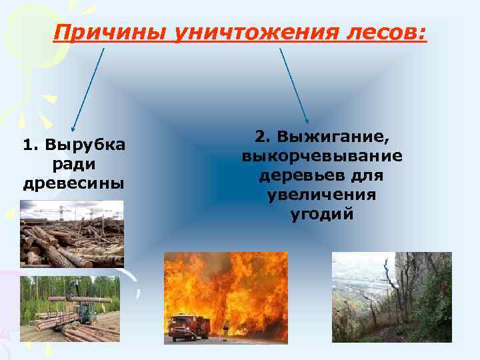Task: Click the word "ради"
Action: tap(73, 164)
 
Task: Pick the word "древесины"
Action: tap(73, 182)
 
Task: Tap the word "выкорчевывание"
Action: tap(322, 157)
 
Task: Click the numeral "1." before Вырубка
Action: tap(31, 145)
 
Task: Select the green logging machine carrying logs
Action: tap(85, 313)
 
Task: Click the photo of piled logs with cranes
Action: tap(71, 235)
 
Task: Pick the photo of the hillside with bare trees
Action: tap(391, 297)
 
